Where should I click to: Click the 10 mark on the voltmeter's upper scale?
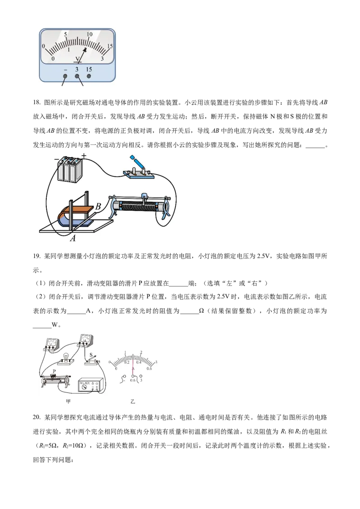point(90,35)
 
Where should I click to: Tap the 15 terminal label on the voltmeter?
point(89,69)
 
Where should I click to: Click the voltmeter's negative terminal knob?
point(66,76)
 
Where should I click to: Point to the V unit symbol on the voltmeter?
point(78,59)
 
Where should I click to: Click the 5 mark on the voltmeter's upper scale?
point(66,35)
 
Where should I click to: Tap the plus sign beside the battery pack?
point(84,156)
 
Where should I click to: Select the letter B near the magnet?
point(98,207)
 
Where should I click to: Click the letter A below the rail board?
point(72,239)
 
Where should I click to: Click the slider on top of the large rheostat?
point(144,197)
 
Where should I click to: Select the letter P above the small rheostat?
point(55,371)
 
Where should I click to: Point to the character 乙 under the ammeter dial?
point(133,402)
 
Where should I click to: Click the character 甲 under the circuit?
point(68,402)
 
